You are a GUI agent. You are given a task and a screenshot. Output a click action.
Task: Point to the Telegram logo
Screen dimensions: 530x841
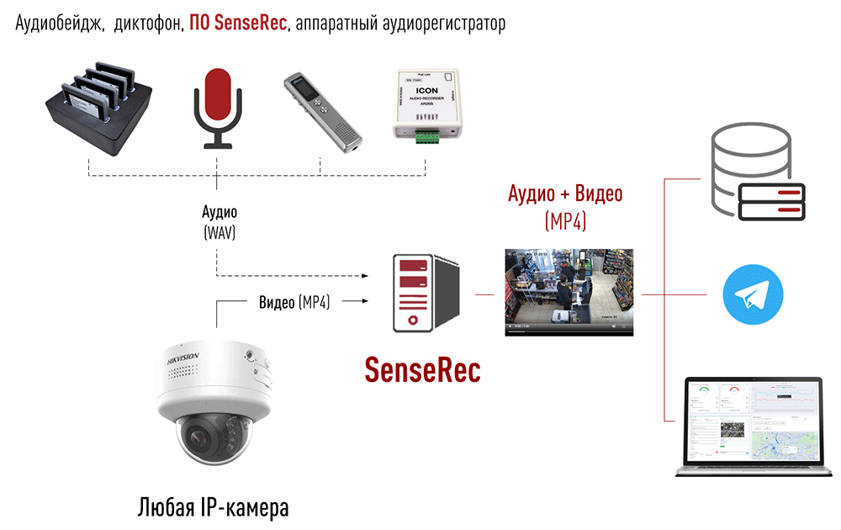point(753,295)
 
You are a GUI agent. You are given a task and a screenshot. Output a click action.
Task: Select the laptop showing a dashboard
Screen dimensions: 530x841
point(752,426)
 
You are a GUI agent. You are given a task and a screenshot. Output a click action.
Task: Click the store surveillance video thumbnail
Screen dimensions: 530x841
point(568,292)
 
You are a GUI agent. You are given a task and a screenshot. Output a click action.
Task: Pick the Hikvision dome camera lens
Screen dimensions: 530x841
point(199,437)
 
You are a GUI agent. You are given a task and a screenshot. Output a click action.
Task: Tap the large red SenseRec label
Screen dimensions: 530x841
point(422,369)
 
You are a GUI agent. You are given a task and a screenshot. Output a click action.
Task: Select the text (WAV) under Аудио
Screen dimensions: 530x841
point(219,233)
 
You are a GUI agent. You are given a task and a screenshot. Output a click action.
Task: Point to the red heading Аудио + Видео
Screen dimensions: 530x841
point(565,194)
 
